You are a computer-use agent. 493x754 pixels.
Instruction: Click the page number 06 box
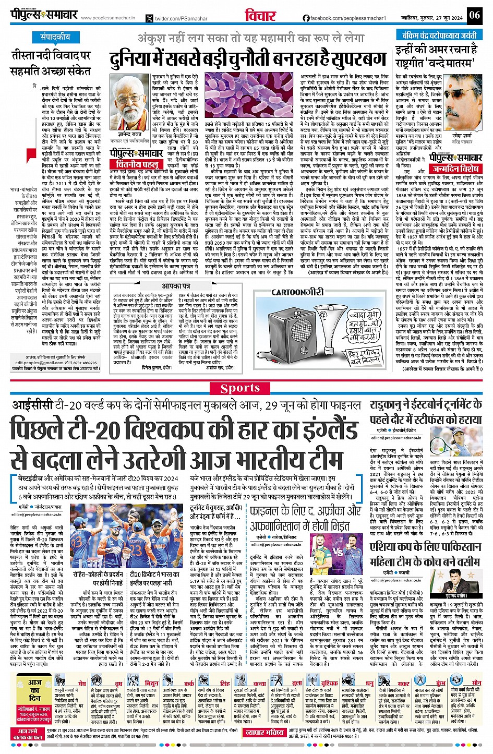[x=474, y=15]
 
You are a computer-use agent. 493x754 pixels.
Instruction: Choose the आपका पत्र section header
[x=178, y=286]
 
